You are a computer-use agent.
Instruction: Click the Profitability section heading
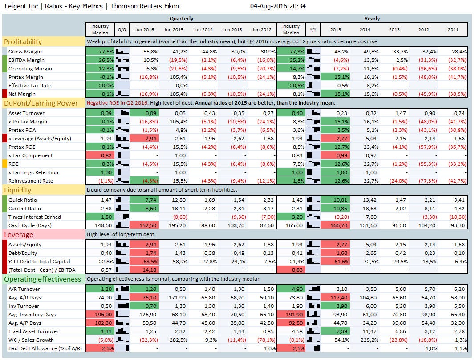[x=23, y=41]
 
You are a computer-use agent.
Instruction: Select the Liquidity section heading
[x=18, y=190]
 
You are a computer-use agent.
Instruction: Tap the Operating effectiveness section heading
[x=43, y=279]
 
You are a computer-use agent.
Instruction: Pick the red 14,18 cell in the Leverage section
[x=145, y=270]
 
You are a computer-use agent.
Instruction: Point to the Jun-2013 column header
[x=232, y=29]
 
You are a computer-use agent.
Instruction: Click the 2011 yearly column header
[x=453, y=29]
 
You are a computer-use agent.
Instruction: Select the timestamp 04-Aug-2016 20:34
[x=278, y=6]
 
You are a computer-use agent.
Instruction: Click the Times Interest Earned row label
[x=35, y=217]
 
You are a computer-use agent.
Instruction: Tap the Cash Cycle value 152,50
[x=145, y=225]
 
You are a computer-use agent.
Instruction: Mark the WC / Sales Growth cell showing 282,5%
[x=174, y=340]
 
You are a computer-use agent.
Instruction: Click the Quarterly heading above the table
[x=181, y=19]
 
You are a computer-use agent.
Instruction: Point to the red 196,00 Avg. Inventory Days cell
[x=100, y=315]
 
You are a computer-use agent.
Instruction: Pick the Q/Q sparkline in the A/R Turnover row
[x=122, y=289]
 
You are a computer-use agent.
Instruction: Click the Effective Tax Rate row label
[x=30, y=86]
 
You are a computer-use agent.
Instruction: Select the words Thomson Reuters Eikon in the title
[x=144, y=6]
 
